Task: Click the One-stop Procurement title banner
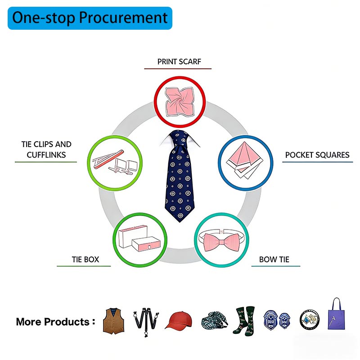point(90,18)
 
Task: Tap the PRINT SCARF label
point(179,62)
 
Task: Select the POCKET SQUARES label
point(317,155)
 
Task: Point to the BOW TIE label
point(274,260)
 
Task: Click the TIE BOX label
point(85,260)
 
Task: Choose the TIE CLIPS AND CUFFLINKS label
point(46,149)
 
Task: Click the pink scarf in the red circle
point(180,102)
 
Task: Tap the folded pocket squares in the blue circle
point(245,160)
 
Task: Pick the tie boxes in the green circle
point(139,239)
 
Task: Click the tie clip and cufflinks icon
point(115,162)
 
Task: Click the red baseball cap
point(178,320)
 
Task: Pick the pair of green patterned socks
point(244,321)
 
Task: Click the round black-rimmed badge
point(310,319)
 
